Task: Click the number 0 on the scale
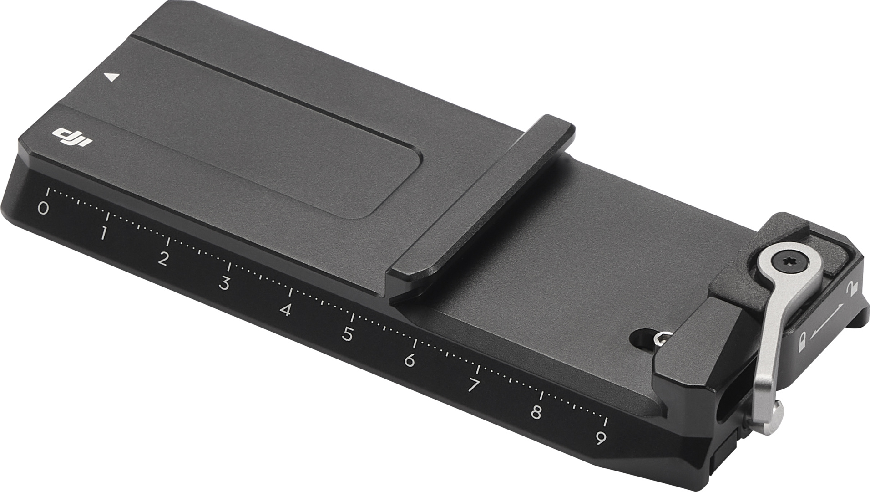click(x=43, y=209)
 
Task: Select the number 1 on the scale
click(x=104, y=233)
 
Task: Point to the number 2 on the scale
click(x=163, y=258)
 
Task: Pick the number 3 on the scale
click(x=223, y=283)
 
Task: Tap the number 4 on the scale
click(x=285, y=310)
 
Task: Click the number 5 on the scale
click(x=347, y=334)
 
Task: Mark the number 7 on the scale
click(x=473, y=386)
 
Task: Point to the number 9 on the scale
click(x=601, y=438)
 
